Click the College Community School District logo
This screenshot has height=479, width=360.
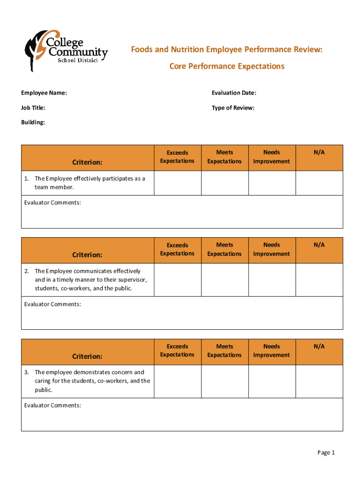66,51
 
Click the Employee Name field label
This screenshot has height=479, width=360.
44,93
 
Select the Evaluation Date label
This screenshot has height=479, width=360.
234,93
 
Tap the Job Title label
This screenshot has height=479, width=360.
33,108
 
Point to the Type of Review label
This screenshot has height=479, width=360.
233,108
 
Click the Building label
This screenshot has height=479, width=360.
33,123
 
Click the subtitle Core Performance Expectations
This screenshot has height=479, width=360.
226,66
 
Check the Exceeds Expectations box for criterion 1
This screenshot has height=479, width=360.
177,183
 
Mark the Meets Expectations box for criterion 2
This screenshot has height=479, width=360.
224,280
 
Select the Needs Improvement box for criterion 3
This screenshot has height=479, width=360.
272,381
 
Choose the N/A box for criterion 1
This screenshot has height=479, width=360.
319,183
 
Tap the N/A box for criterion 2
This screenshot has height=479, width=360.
319,280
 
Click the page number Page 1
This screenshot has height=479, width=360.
326,452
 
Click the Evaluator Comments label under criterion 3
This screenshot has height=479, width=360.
52,406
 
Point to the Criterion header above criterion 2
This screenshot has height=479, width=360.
87,255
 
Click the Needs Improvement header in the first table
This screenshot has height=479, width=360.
272,157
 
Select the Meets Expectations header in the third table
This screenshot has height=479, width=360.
224,351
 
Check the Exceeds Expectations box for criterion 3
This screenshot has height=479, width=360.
177,381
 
